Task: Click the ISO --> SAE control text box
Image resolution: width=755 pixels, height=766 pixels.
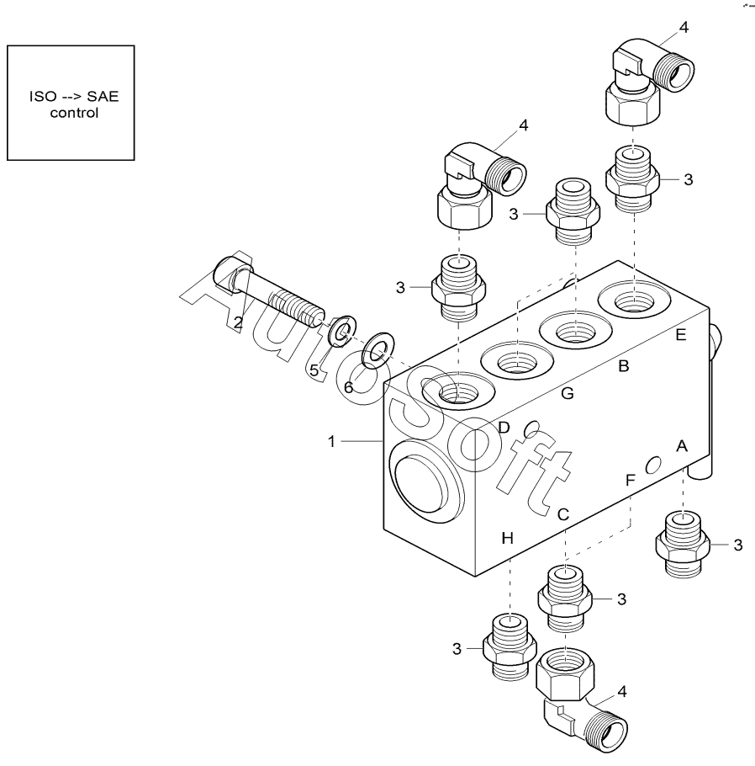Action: pyautogui.click(x=71, y=103)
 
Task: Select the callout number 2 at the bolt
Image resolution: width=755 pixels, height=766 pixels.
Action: pyautogui.click(x=238, y=322)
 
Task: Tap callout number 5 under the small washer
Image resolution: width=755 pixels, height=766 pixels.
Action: pyautogui.click(x=314, y=370)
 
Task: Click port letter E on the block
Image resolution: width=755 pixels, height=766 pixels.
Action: pyautogui.click(x=681, y=335)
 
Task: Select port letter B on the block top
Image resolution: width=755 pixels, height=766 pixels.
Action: pyautogui.click(x=624, y=366)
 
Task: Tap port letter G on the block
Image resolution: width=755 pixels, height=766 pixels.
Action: pyautogui.click(x=568, y=393)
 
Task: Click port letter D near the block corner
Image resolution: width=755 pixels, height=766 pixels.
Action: pyautogui.click(x=504, y=427)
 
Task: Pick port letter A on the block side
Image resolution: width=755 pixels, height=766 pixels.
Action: pyautogui.click(x=681, y=447)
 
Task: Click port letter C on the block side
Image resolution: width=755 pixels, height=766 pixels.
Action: pyautogui.click(x=564, y=513)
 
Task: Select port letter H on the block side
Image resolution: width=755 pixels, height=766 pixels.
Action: pyautogui.click(x=507, y=537)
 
